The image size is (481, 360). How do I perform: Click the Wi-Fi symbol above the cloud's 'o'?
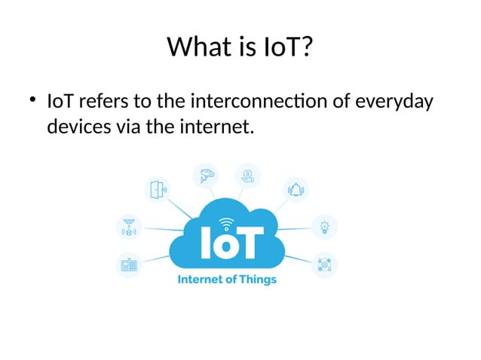[225, 223]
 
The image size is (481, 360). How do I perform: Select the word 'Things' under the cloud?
[256, 280]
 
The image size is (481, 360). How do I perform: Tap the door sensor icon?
[158, 188]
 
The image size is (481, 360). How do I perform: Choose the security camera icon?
[204, 175]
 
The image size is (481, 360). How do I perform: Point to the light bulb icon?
[325, 226]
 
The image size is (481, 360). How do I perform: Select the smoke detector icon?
[128, 226]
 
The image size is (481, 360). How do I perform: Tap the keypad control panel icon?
[128, 264]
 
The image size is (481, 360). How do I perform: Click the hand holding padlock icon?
[248, 175]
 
